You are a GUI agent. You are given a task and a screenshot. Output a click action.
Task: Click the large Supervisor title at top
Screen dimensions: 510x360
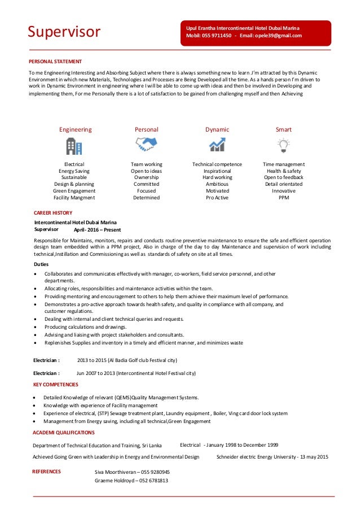[64, 32]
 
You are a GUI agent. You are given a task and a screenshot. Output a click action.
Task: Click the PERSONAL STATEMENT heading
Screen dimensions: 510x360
[55, 62]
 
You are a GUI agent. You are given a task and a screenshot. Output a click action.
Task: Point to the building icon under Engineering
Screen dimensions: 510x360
[74, 146]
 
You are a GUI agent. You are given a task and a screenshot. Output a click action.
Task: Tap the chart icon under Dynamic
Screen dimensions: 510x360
[217, 146]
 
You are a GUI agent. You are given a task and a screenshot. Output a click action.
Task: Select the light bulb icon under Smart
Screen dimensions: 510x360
[283, 146]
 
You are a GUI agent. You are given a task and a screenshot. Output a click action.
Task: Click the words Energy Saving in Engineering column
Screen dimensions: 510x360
[74, 171]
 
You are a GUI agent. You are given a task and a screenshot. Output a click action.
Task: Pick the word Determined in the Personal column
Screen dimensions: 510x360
[146, 198]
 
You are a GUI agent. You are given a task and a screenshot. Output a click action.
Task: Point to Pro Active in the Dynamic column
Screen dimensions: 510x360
[217, 198]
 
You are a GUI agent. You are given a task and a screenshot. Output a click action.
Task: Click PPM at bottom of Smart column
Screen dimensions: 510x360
[284, 198]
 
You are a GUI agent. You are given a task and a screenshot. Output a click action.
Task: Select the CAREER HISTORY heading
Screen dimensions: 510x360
[53, 213]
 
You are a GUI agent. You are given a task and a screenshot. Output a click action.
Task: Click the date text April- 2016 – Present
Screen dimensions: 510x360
[97, 230]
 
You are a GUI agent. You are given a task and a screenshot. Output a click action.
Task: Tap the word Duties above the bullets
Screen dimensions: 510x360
[41, 264]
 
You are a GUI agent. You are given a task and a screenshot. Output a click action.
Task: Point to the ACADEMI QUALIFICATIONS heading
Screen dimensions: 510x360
[63, 432]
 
